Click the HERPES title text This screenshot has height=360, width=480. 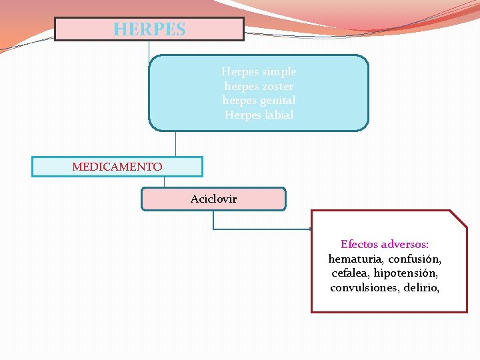149,29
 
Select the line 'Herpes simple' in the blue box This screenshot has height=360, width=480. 259,71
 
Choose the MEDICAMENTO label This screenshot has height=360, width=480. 117,167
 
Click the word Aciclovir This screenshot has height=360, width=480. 213,199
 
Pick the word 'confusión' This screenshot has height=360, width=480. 415,259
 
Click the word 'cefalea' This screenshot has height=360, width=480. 349,273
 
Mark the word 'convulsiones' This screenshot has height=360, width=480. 364,288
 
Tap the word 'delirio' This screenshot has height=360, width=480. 421,288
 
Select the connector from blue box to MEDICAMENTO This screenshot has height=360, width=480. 175,143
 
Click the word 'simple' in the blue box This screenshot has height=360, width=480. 280,71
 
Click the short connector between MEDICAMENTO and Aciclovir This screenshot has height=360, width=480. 164,182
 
